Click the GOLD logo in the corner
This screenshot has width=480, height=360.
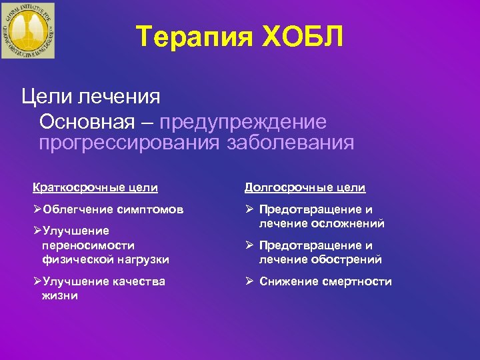point(29,30)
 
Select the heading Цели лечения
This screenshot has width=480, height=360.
point(91,97)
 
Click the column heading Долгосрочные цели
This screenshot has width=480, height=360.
point(305,188)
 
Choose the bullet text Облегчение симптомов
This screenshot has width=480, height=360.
point(113,209)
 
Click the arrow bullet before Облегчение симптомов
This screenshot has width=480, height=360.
point(37,209)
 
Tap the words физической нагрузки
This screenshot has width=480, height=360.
point(105,259)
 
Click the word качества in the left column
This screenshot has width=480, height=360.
point(135,281)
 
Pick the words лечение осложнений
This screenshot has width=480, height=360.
point(322,223)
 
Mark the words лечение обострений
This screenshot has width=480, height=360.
point(321,259)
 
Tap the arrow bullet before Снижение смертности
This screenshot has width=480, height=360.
point(249,281)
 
